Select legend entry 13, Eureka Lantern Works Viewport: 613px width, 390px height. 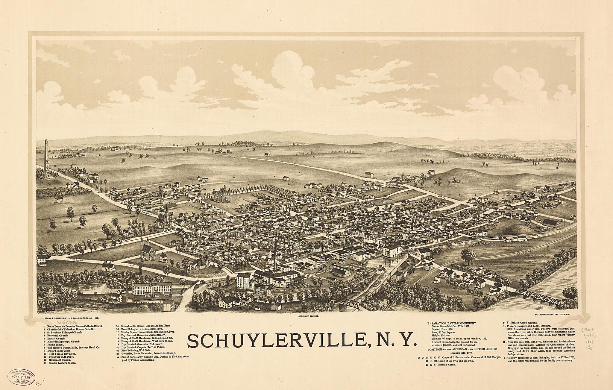click(60, 363)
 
